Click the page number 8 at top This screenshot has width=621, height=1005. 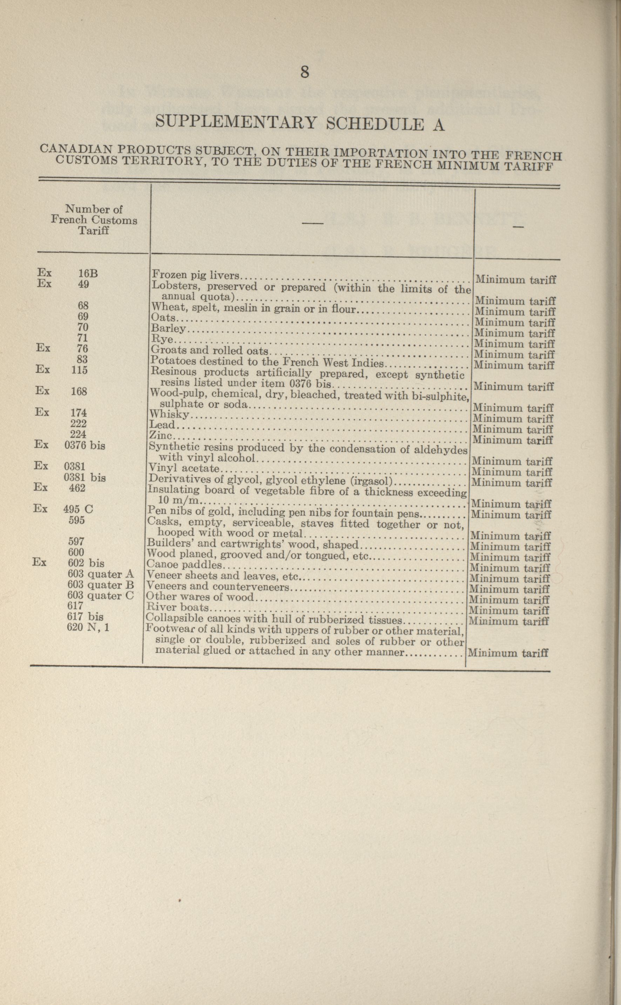coord(304,72)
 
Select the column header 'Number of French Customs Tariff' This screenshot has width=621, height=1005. coord(94,220)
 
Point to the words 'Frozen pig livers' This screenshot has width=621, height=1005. coord(196,275)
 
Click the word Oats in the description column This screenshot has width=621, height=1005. coord(163,317)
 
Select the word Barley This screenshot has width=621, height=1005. coord(168,328)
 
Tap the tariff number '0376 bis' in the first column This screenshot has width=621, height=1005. coord(84,445)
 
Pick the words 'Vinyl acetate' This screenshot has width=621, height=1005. coord(185,468)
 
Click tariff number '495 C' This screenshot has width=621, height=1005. coord(78,509)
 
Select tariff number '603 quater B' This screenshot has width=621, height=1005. coord(101,585)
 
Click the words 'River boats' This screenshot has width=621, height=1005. coord(177,607)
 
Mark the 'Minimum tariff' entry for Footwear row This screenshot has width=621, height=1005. coord(508,652)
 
